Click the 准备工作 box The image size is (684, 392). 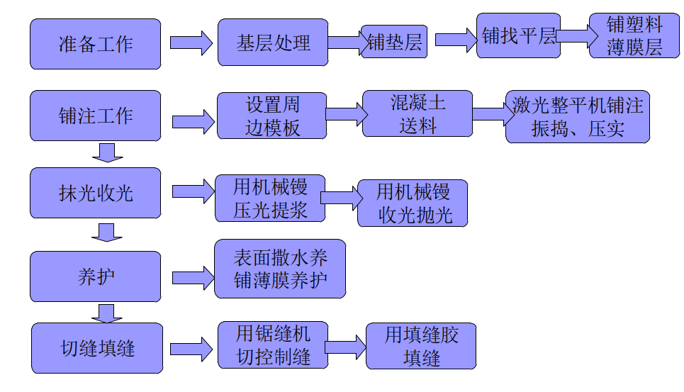pos(95,44)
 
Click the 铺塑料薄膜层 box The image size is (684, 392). pos(634,35)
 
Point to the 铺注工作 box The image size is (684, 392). pos(95,116)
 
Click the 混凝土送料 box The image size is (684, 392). pos(417,113)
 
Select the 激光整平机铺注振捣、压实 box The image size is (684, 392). pos(578,116)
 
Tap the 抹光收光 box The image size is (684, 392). pos(95,192)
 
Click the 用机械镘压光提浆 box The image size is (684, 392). pos(270,198)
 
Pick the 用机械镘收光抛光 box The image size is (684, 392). pos(413,203)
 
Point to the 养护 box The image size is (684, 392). pos(95,276)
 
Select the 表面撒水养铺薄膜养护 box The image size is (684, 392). pos(280,269)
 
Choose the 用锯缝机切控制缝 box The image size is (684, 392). pos(273,345)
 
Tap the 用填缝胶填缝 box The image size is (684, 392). pos(421,346)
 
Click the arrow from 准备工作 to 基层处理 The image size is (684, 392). pos(191,43)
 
